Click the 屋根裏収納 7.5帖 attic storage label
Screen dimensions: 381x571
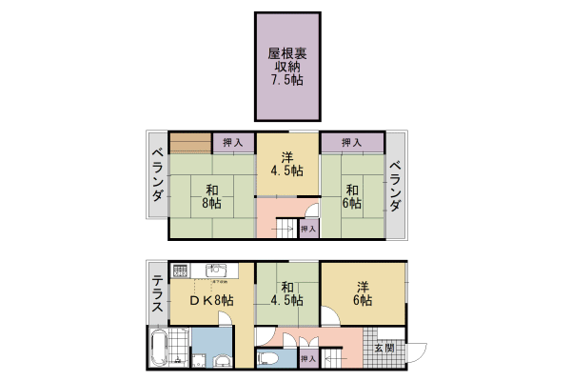point(285,67)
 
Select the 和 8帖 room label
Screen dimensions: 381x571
point(210,195)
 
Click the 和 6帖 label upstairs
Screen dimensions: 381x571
point(352,195)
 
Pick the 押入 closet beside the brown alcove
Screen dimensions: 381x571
point(232,143)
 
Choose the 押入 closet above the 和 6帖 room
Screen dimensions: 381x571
point(351,143)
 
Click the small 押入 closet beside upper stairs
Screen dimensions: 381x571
point(307,229)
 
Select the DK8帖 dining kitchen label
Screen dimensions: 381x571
point(210,300)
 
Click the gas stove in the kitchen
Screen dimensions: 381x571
point(183,270)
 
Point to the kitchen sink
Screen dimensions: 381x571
point(215,270)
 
